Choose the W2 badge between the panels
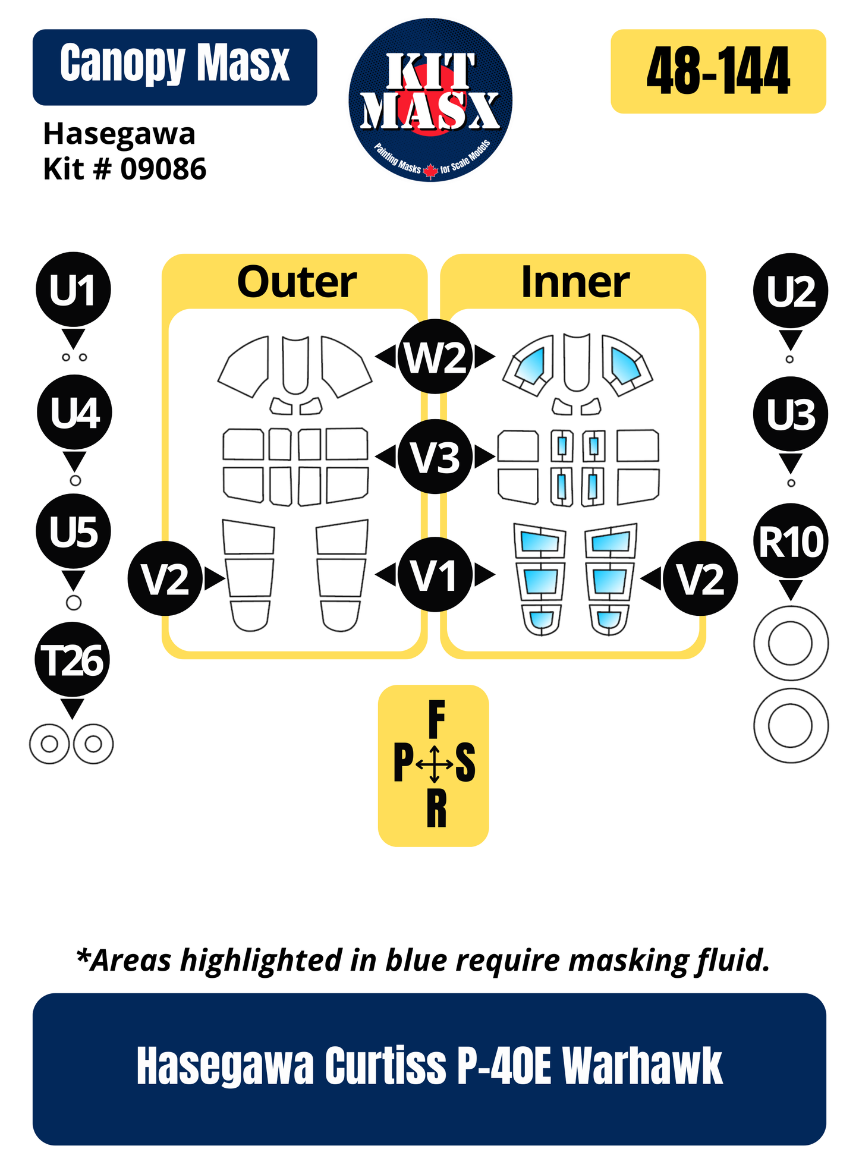(x=435, y=357)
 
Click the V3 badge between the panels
(x=435, y=457)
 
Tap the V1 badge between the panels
(x=435, y=575)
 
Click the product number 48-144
(x=718, y=71)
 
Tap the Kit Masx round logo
(x=430, y=100)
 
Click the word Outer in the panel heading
(x=297, y=282)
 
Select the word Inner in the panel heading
(x=575, y=282)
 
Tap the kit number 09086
(x=163, y=169)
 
